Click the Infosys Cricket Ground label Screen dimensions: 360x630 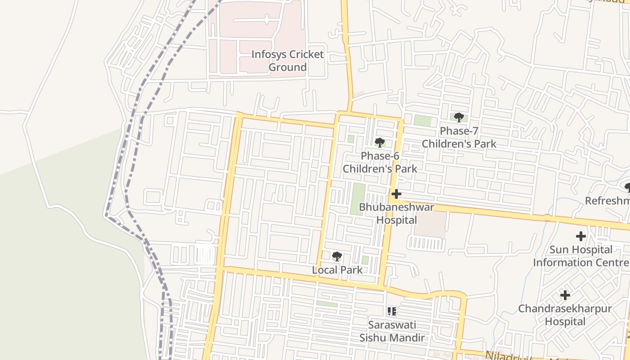pyautogui.click(x=287, y=61)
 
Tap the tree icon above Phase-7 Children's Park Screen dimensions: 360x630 pyautogui.click(x=459, y=117)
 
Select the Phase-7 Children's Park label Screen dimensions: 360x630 pyautogui.click(x=459, y=137)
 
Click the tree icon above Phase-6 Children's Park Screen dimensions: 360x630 pyautogui.click(x=380, y=143)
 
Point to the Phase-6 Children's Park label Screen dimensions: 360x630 pyautogui.click(x=380, y=162)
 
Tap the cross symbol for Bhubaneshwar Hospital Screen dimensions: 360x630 pyautogui.click(x=396, y=194)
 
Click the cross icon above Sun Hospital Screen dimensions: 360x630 pyautogui.click(x=581, y=236)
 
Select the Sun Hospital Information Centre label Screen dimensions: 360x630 pyautogui.click(x=581, y=256)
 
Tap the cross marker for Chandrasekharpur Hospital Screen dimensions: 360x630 pyautogui.click(x=565, y=295)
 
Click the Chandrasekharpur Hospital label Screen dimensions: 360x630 pyautogui.click(x=565, y=315)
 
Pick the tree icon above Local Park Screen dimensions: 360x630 pyautogui.click(x=337, y=256)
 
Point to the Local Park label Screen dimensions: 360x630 pyautogui.click(x=337, y=270)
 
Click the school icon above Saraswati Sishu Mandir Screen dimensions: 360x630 pyautogui.click(x=391, y=311)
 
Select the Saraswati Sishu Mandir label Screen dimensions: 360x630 pyautogui.click(x=391, y=331)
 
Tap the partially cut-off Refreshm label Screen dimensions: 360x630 pyautogui.click(x=607, y=201)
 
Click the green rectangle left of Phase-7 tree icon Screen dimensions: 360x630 pyautogui.click(x=423, y=121)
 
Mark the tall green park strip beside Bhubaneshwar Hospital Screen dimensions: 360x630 pyautogui.click(x=358, y=198)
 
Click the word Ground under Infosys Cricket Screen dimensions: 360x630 pyautogui.click(x=287, y=67)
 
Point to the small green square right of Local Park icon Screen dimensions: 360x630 pyautogui.click(x=365, y=260)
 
